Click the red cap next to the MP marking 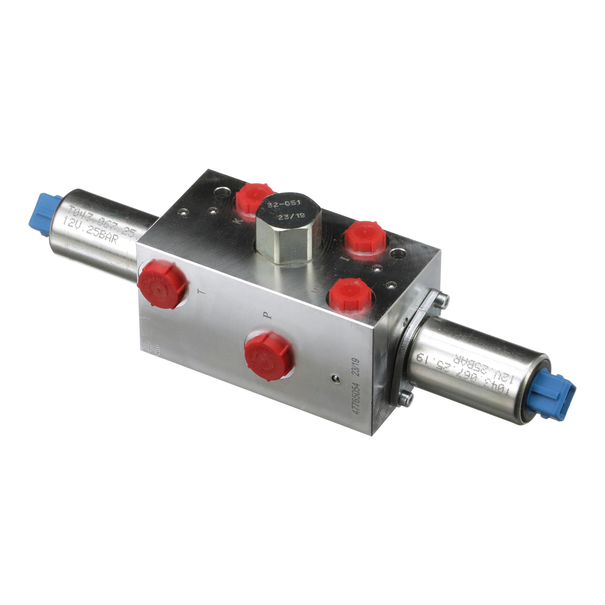point(350,296)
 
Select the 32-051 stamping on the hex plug point(284,204)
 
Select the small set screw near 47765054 point(336,379)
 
